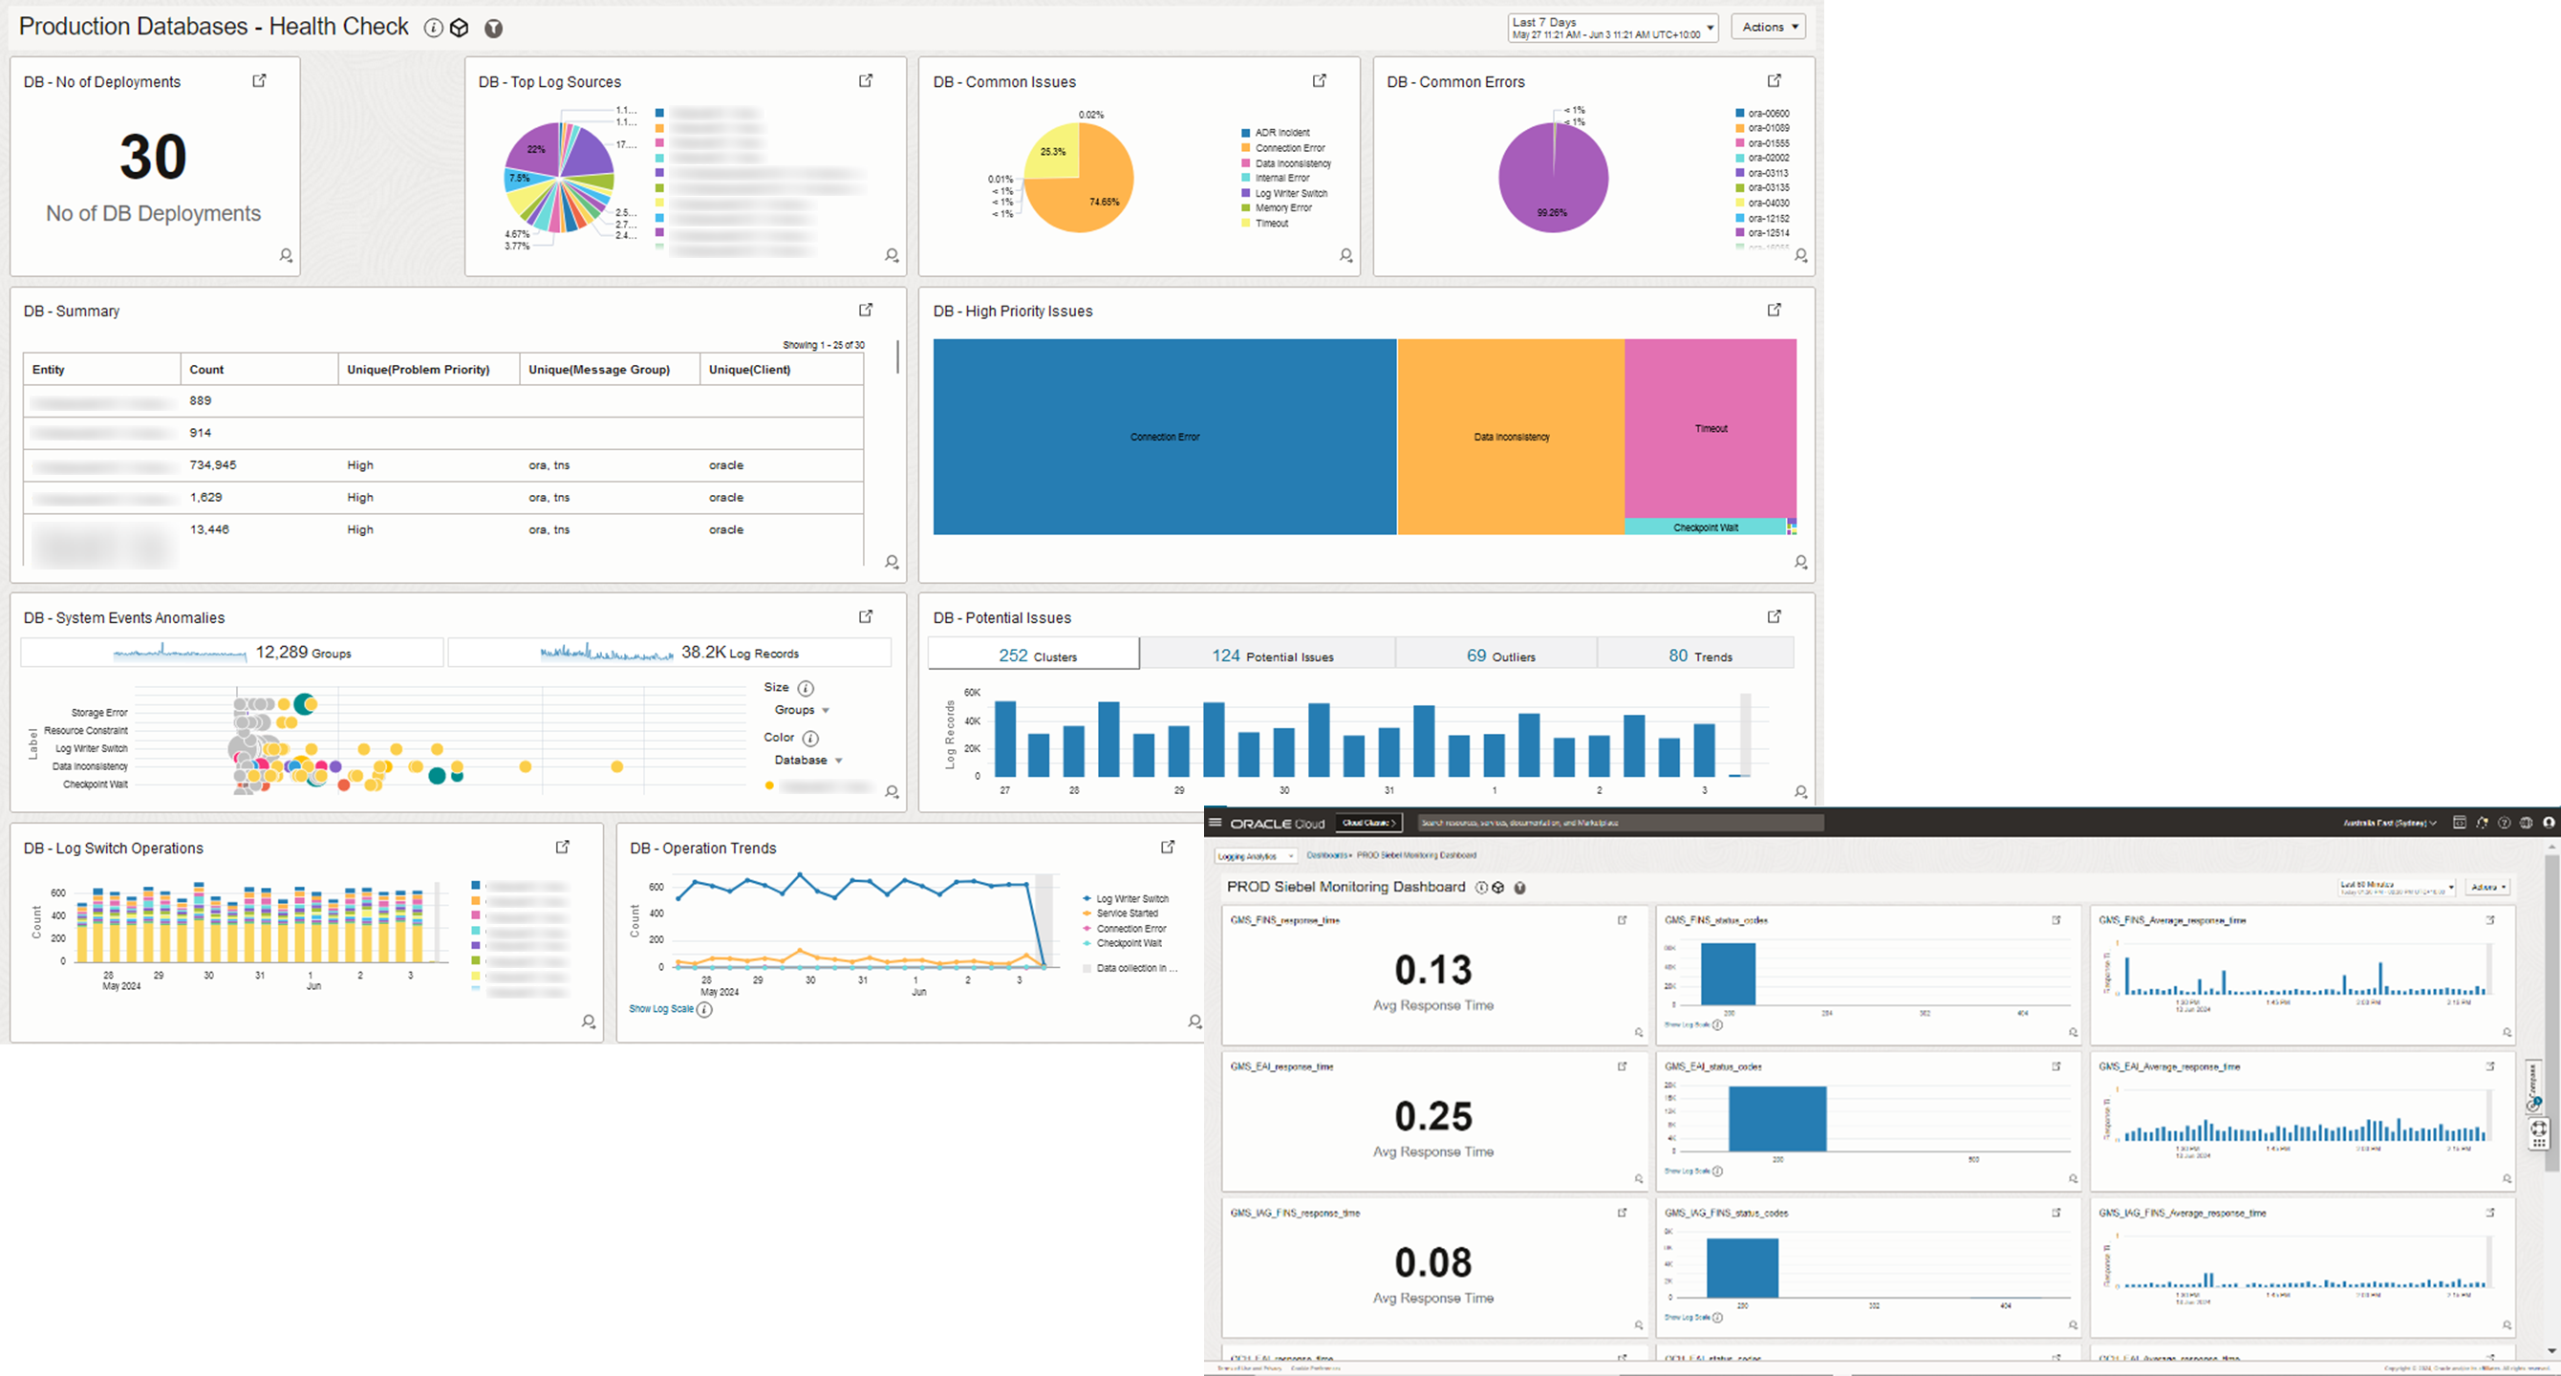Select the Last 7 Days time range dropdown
click(x=1611, y=28)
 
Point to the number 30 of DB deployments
click(x=153, y=157)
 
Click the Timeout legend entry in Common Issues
click(x=1272, y=224)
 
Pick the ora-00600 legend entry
click(x=1768, y=114)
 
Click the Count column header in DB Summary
click(x=206, y=370)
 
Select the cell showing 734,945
click(x=213, y=465)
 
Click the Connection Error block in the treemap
click(x=1164, y=437)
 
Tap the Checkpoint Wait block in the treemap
click(x=1705, y=527)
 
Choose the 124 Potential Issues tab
click(x=1272, y=656)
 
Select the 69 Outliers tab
click(x=1500, y=656)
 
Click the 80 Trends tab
click(x=1700, y=656)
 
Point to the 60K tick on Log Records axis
click(x=971, y=692)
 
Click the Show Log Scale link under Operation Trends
click(x=661, y=1009)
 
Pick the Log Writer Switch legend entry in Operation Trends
click(x=1131, y=899)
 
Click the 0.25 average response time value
click(x=1432, y=1116)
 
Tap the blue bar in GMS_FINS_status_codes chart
click(x=1728, y=975)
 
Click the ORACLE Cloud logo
click(x=1278, y=824)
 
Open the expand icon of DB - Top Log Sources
click(x=866, y=80)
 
